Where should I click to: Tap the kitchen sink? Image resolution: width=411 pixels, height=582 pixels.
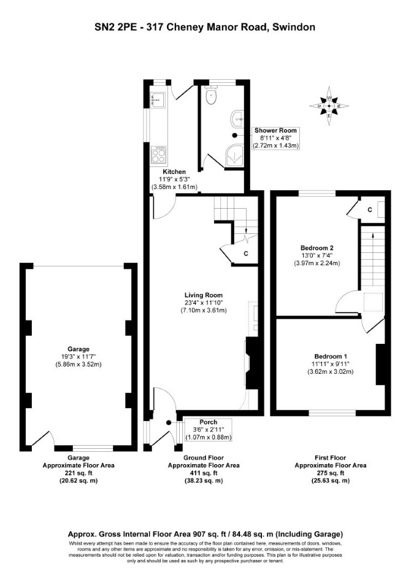[158, 99]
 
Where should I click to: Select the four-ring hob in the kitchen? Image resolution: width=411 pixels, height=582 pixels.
[158, 155]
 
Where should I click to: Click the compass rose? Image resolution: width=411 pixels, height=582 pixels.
[329, 106]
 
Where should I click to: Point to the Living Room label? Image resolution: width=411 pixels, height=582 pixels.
[204, 295]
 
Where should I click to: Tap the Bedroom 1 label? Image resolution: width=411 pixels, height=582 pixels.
[331, 356]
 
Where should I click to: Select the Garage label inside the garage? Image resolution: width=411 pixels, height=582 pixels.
[79, 349]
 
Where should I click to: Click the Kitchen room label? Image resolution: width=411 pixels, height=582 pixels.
[174, 172]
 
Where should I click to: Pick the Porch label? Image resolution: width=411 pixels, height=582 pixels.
[209, 422]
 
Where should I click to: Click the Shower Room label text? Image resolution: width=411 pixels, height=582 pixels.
[275, 131]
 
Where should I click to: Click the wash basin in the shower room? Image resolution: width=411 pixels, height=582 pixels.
[237, 118]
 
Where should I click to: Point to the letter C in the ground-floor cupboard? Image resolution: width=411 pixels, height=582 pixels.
[246, 254]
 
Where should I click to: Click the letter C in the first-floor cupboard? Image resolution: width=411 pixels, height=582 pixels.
[370, 210]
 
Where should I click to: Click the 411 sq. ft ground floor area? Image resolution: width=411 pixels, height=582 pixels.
[204, 473]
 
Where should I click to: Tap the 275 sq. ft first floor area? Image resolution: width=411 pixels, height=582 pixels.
[330, 473]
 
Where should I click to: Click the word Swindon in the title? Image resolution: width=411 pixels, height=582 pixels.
[296, 27]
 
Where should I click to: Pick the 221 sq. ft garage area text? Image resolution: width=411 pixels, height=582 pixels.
[79, 473]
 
